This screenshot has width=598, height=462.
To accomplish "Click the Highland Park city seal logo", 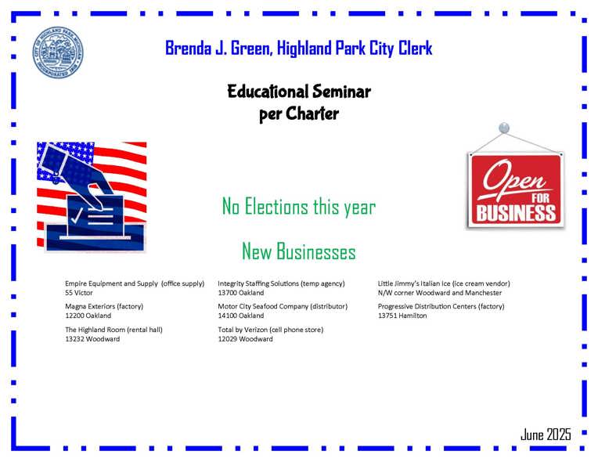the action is click(58, 52).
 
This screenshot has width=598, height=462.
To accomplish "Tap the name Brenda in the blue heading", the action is click(189, 48).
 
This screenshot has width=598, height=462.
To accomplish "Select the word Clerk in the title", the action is click(416, 48).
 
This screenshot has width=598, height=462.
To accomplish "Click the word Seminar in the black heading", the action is click(341, 92).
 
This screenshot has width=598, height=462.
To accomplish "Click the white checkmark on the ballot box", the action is click(77, 215).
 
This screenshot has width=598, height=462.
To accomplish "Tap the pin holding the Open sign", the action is click(504, 128).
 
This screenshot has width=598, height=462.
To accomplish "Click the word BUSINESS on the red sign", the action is click(516, 213).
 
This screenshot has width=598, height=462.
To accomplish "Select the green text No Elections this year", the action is click(299, 207).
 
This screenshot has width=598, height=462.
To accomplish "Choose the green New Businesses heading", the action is click(299, 251).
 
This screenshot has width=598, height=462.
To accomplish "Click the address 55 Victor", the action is click(79, 293).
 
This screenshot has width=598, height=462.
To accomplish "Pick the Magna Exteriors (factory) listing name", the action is click(104, 306).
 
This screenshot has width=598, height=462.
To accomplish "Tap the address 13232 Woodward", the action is click(92, 339).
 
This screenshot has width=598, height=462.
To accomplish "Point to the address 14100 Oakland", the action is click(240, 316).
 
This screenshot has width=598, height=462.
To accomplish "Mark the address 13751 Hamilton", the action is click(402, 316).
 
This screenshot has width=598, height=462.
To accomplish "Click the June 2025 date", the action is click(546, 435).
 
